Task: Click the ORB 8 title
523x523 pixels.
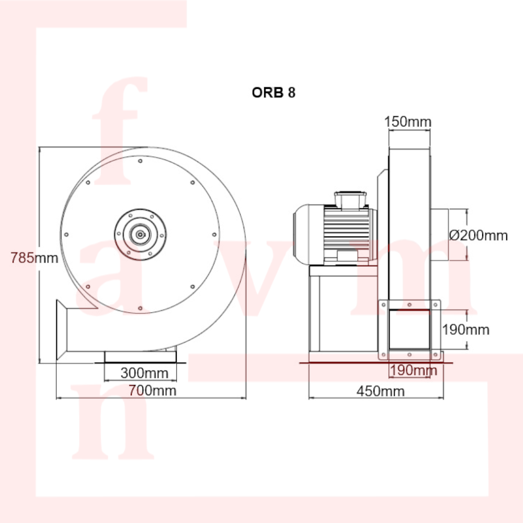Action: coord(274,93)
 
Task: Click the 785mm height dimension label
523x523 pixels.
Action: coord(34,258)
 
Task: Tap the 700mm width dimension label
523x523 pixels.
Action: coord(152,391)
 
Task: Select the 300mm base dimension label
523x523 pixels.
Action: coord(144,373)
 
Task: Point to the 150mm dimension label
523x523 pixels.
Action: coord(407,122)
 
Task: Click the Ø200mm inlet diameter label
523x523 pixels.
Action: coord(479,235)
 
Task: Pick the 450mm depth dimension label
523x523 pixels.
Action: coord(381,391)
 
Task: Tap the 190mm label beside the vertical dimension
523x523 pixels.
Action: coord(465,329)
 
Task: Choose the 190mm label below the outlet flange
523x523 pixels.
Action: coord(413,370)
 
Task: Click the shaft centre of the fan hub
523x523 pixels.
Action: coord(140,234)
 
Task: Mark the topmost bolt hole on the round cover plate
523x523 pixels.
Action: coord(140,161)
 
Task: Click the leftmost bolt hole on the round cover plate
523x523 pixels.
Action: coord(66,235)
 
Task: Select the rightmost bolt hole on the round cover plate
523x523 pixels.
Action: coord(214,235)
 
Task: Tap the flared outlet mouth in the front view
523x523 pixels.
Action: coord(61,329)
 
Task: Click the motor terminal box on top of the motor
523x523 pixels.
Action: coord(350,200)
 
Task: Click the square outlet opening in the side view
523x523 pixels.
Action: coord(410,329)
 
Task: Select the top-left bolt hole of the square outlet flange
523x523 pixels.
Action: coord(383,305)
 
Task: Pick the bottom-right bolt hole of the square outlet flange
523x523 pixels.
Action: coord(435,355)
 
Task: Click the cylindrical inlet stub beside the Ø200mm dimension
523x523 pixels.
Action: coord(440,235)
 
